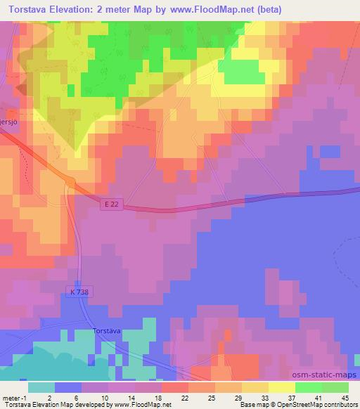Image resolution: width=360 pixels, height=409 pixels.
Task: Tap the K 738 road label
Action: pos(80,290)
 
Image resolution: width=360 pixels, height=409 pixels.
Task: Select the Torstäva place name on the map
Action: pos(107,330)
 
